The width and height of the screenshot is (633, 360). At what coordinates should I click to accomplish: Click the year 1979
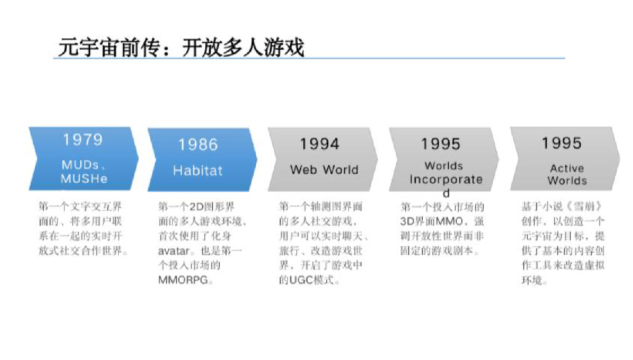tap(83, 139)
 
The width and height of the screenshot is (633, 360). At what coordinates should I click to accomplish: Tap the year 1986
tap(199, 144)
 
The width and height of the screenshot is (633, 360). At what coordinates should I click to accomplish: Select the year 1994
tap(319, 144)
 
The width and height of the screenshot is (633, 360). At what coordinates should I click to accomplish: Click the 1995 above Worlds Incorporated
tap(440, 144)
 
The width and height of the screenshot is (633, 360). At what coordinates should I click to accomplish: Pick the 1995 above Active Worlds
tap(562, 143)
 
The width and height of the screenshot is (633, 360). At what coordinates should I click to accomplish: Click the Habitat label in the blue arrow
tap(198, 171)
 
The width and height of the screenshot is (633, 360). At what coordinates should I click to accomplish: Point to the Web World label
tap(324, 170)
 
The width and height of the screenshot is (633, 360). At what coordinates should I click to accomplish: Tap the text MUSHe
tap(84, 179)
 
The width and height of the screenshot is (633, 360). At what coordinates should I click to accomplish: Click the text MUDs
tap(80, 165)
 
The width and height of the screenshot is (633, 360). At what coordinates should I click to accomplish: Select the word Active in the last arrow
tap(567, 168)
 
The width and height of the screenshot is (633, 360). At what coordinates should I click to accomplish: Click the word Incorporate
tap(446, 180)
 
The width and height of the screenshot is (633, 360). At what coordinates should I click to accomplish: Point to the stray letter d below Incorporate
tap(446, 193)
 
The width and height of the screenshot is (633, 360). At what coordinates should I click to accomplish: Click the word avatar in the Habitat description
tap(174, 251)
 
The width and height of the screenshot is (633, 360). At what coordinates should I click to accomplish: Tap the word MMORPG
tap(183, 280)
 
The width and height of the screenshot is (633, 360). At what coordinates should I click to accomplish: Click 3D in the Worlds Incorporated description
tap(407, 221)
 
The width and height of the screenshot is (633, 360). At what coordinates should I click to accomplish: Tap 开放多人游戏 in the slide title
tap(243, 47)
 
